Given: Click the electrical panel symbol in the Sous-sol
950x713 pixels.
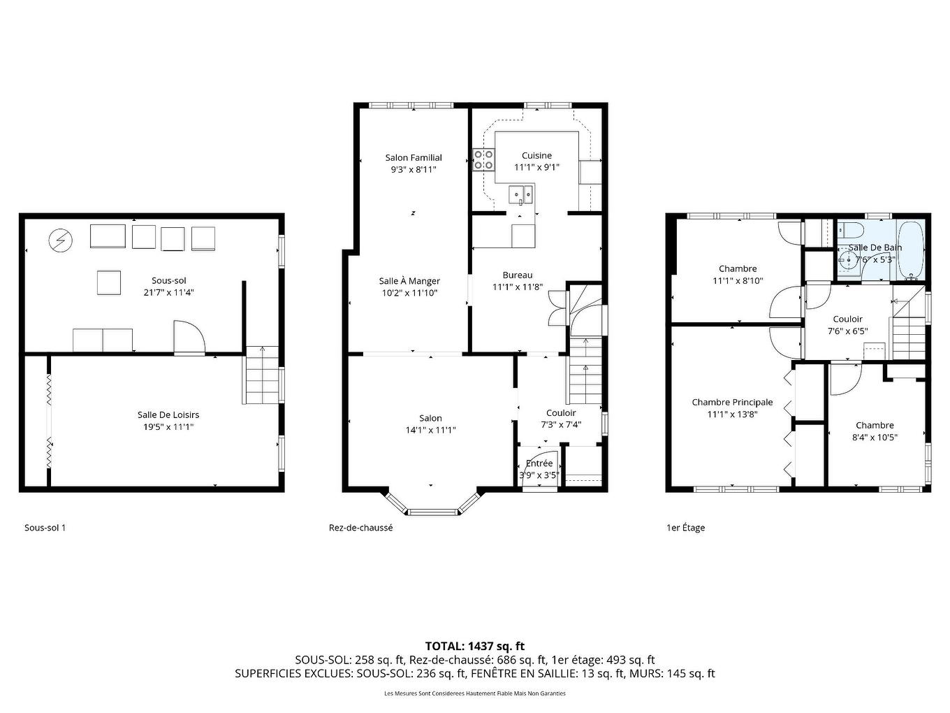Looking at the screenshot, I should tap(60, 240).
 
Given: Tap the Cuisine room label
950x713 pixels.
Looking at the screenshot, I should tap(536, 156).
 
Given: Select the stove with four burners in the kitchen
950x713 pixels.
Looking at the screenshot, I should tap(483, 160).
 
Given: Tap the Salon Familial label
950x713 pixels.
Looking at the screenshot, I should tap(414, 158).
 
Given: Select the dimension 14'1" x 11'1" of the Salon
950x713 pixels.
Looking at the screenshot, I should tap(430, 430).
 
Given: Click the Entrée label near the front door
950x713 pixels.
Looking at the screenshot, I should tap(539, 463).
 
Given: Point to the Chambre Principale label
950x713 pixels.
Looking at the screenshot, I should tap(732, 403).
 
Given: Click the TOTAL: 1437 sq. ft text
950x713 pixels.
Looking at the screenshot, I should tap(474, 646).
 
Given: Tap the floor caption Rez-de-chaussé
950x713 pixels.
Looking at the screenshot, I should tap(360, 528).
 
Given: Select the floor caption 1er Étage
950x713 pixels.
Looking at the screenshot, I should tap(685, 528).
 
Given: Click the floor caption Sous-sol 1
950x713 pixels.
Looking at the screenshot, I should tap(45, 528).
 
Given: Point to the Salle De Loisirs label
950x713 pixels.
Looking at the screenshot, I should tap(168, 415).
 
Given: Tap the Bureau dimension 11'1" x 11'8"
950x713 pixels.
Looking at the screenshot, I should tap(518, 287).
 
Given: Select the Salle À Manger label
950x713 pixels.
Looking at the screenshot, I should tap(409, 281).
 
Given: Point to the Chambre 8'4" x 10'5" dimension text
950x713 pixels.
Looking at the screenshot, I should tap(875, 437).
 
